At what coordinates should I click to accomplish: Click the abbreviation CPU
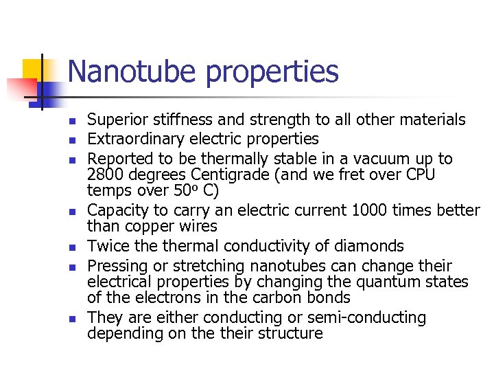pos(417,175)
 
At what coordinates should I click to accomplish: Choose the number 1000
pos(371,210)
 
